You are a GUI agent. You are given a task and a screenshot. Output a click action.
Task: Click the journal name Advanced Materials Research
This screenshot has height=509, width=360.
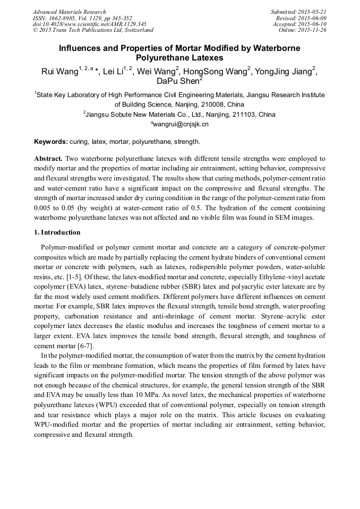[69, 12]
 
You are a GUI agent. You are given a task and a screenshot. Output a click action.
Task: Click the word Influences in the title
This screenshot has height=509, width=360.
[83, 48]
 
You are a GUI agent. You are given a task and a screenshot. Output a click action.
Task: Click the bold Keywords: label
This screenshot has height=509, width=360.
[51, 142]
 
